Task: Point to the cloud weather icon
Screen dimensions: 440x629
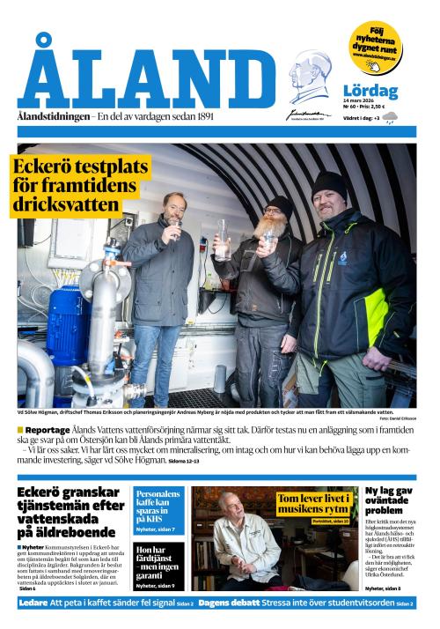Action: (389, 116)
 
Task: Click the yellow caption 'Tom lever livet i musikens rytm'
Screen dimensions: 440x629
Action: (313, 503)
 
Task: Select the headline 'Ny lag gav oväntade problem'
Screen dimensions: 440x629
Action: (388, 500)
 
